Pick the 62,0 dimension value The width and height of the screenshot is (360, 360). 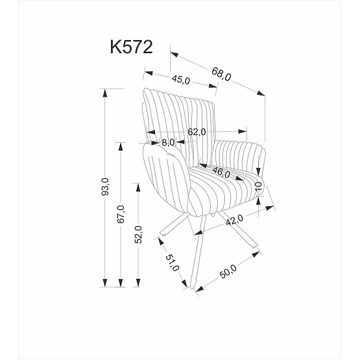pos(197,132)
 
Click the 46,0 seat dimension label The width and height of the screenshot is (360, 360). pos(221,173)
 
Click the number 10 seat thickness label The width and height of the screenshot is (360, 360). pos(258,188)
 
